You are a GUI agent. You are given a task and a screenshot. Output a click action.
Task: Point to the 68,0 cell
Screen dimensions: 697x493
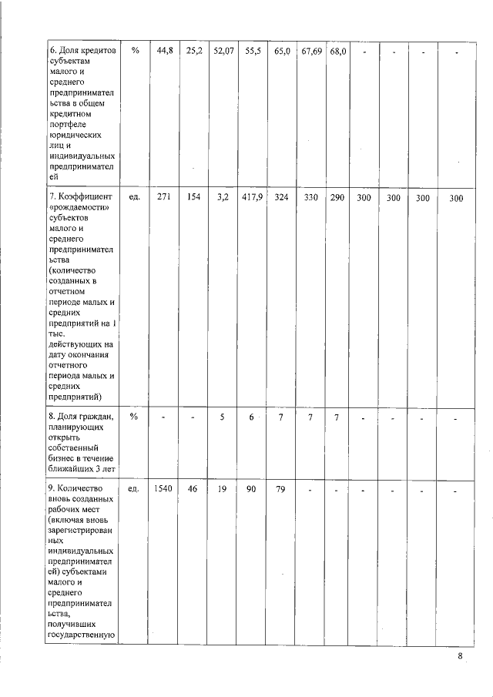337,51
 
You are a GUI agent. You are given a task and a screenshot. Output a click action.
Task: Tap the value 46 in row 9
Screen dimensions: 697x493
193,488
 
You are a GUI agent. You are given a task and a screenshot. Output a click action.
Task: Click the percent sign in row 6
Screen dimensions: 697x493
135,51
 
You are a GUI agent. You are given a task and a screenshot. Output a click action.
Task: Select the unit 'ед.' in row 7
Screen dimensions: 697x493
134,198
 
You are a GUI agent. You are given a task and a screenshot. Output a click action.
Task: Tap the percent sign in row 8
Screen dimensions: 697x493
134,417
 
